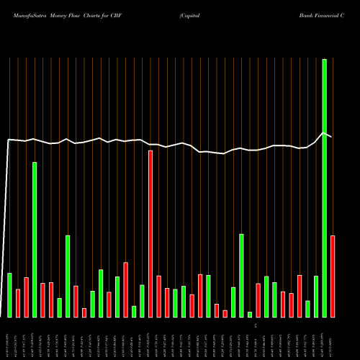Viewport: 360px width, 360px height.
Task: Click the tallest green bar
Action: [324, 188]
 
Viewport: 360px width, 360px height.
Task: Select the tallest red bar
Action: [150, 234]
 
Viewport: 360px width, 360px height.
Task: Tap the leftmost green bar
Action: [9, 295]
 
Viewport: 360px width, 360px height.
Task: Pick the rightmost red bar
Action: [333, 276]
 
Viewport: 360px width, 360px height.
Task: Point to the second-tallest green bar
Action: [35, 240]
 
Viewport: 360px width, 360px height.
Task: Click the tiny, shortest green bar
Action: [250, 315]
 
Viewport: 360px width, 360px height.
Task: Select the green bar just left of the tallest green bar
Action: [316, 297]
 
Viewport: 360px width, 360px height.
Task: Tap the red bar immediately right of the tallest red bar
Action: [158, 297]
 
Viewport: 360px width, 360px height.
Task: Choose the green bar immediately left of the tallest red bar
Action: [142, 301]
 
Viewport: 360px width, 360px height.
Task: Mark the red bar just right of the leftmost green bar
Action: [18, 303]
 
